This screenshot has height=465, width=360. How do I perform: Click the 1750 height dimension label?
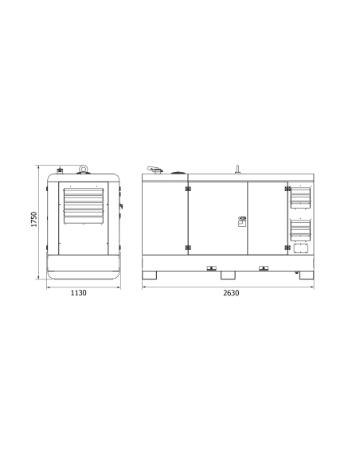(x=34, y=219)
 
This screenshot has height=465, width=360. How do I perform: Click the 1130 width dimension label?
(x=79, y=293)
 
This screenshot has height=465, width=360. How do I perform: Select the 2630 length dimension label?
(x=231, y=293)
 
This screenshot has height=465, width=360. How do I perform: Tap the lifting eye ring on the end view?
(x=83, y=169)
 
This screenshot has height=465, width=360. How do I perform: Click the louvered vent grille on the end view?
(x=84, y=205)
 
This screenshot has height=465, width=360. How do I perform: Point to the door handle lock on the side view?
(x=242, y=221)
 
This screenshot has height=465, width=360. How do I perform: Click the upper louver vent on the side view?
(x=300, y=197)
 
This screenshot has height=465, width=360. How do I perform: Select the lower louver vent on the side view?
(x=300, y=230)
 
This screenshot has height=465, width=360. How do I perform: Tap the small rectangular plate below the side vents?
(x=301, y=248)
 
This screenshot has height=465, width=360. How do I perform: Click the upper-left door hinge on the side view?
(x=188, y=189)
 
